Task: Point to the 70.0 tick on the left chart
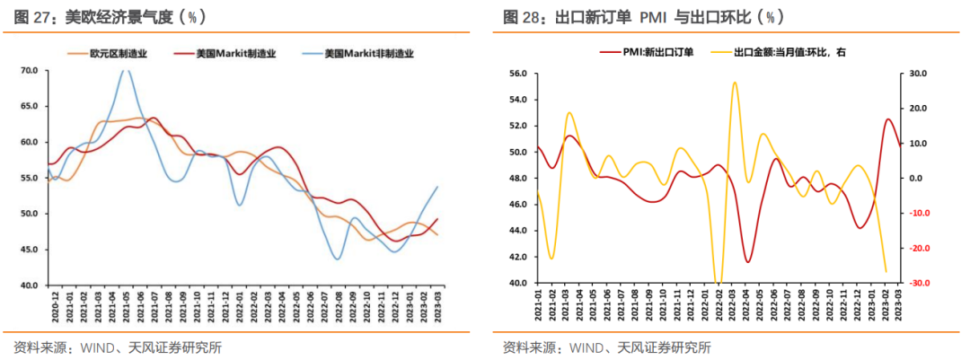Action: coord(28,70)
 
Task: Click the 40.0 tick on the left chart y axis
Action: coord(28,285)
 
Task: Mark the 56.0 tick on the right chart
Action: coord(516,74)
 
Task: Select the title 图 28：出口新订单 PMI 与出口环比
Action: coord(643,17)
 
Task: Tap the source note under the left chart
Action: coord(118,347)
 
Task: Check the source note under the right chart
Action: coord(607,347)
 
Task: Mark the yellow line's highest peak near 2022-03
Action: coord(734,83)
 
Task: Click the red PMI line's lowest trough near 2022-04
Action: coord(747,262)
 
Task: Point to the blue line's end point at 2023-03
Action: coord(437,187)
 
